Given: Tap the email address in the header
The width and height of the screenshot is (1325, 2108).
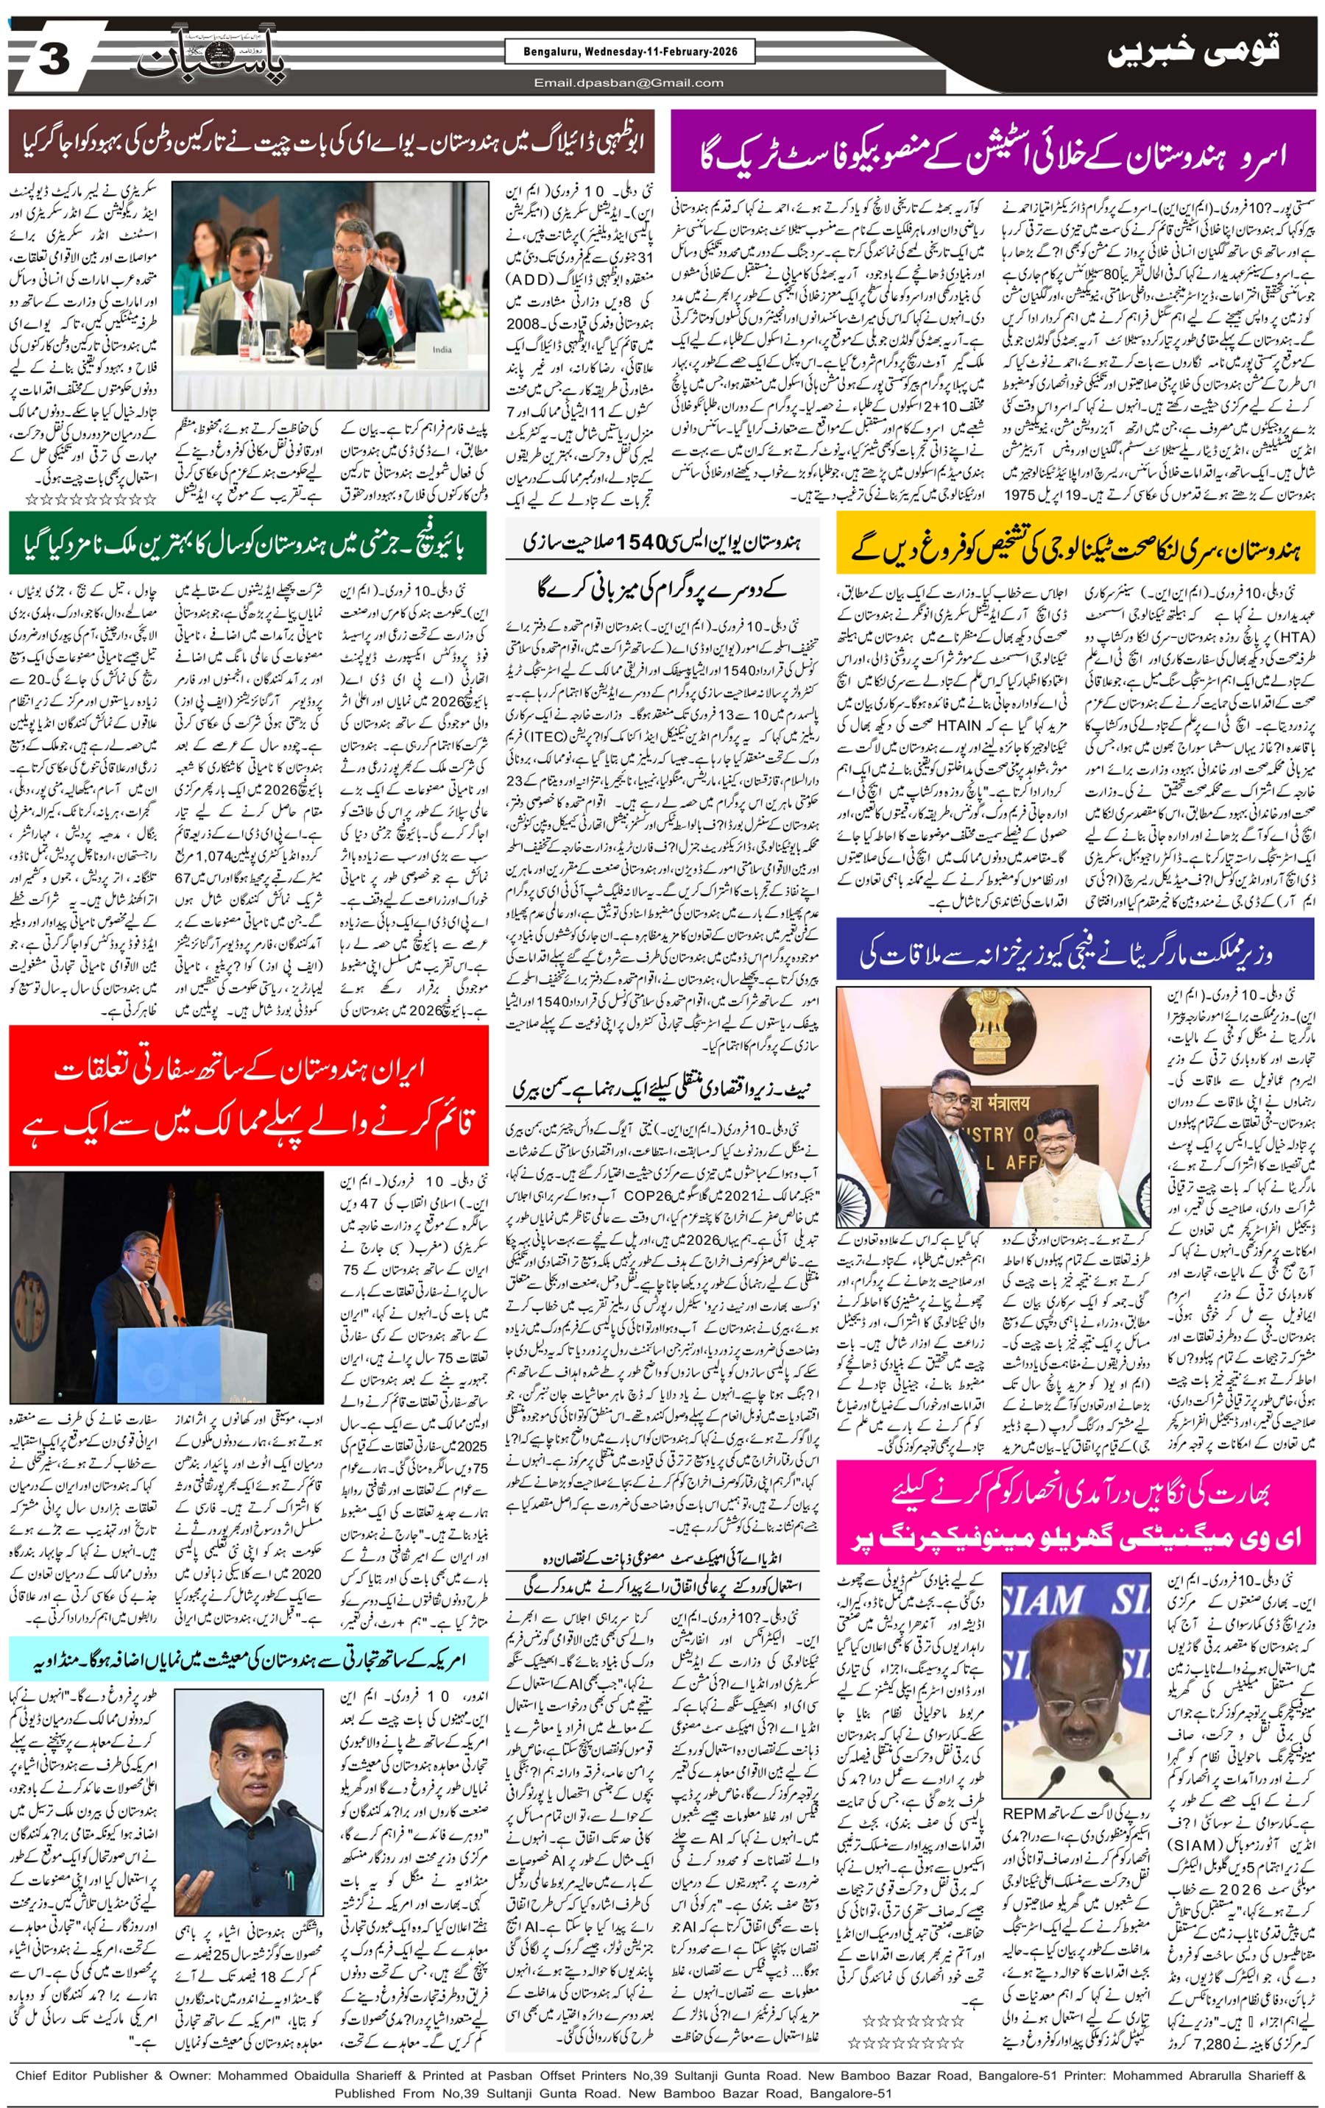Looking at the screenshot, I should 629,83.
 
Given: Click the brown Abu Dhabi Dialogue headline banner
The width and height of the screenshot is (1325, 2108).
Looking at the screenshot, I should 331,140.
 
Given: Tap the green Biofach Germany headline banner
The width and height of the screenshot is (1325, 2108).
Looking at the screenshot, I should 248,544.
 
